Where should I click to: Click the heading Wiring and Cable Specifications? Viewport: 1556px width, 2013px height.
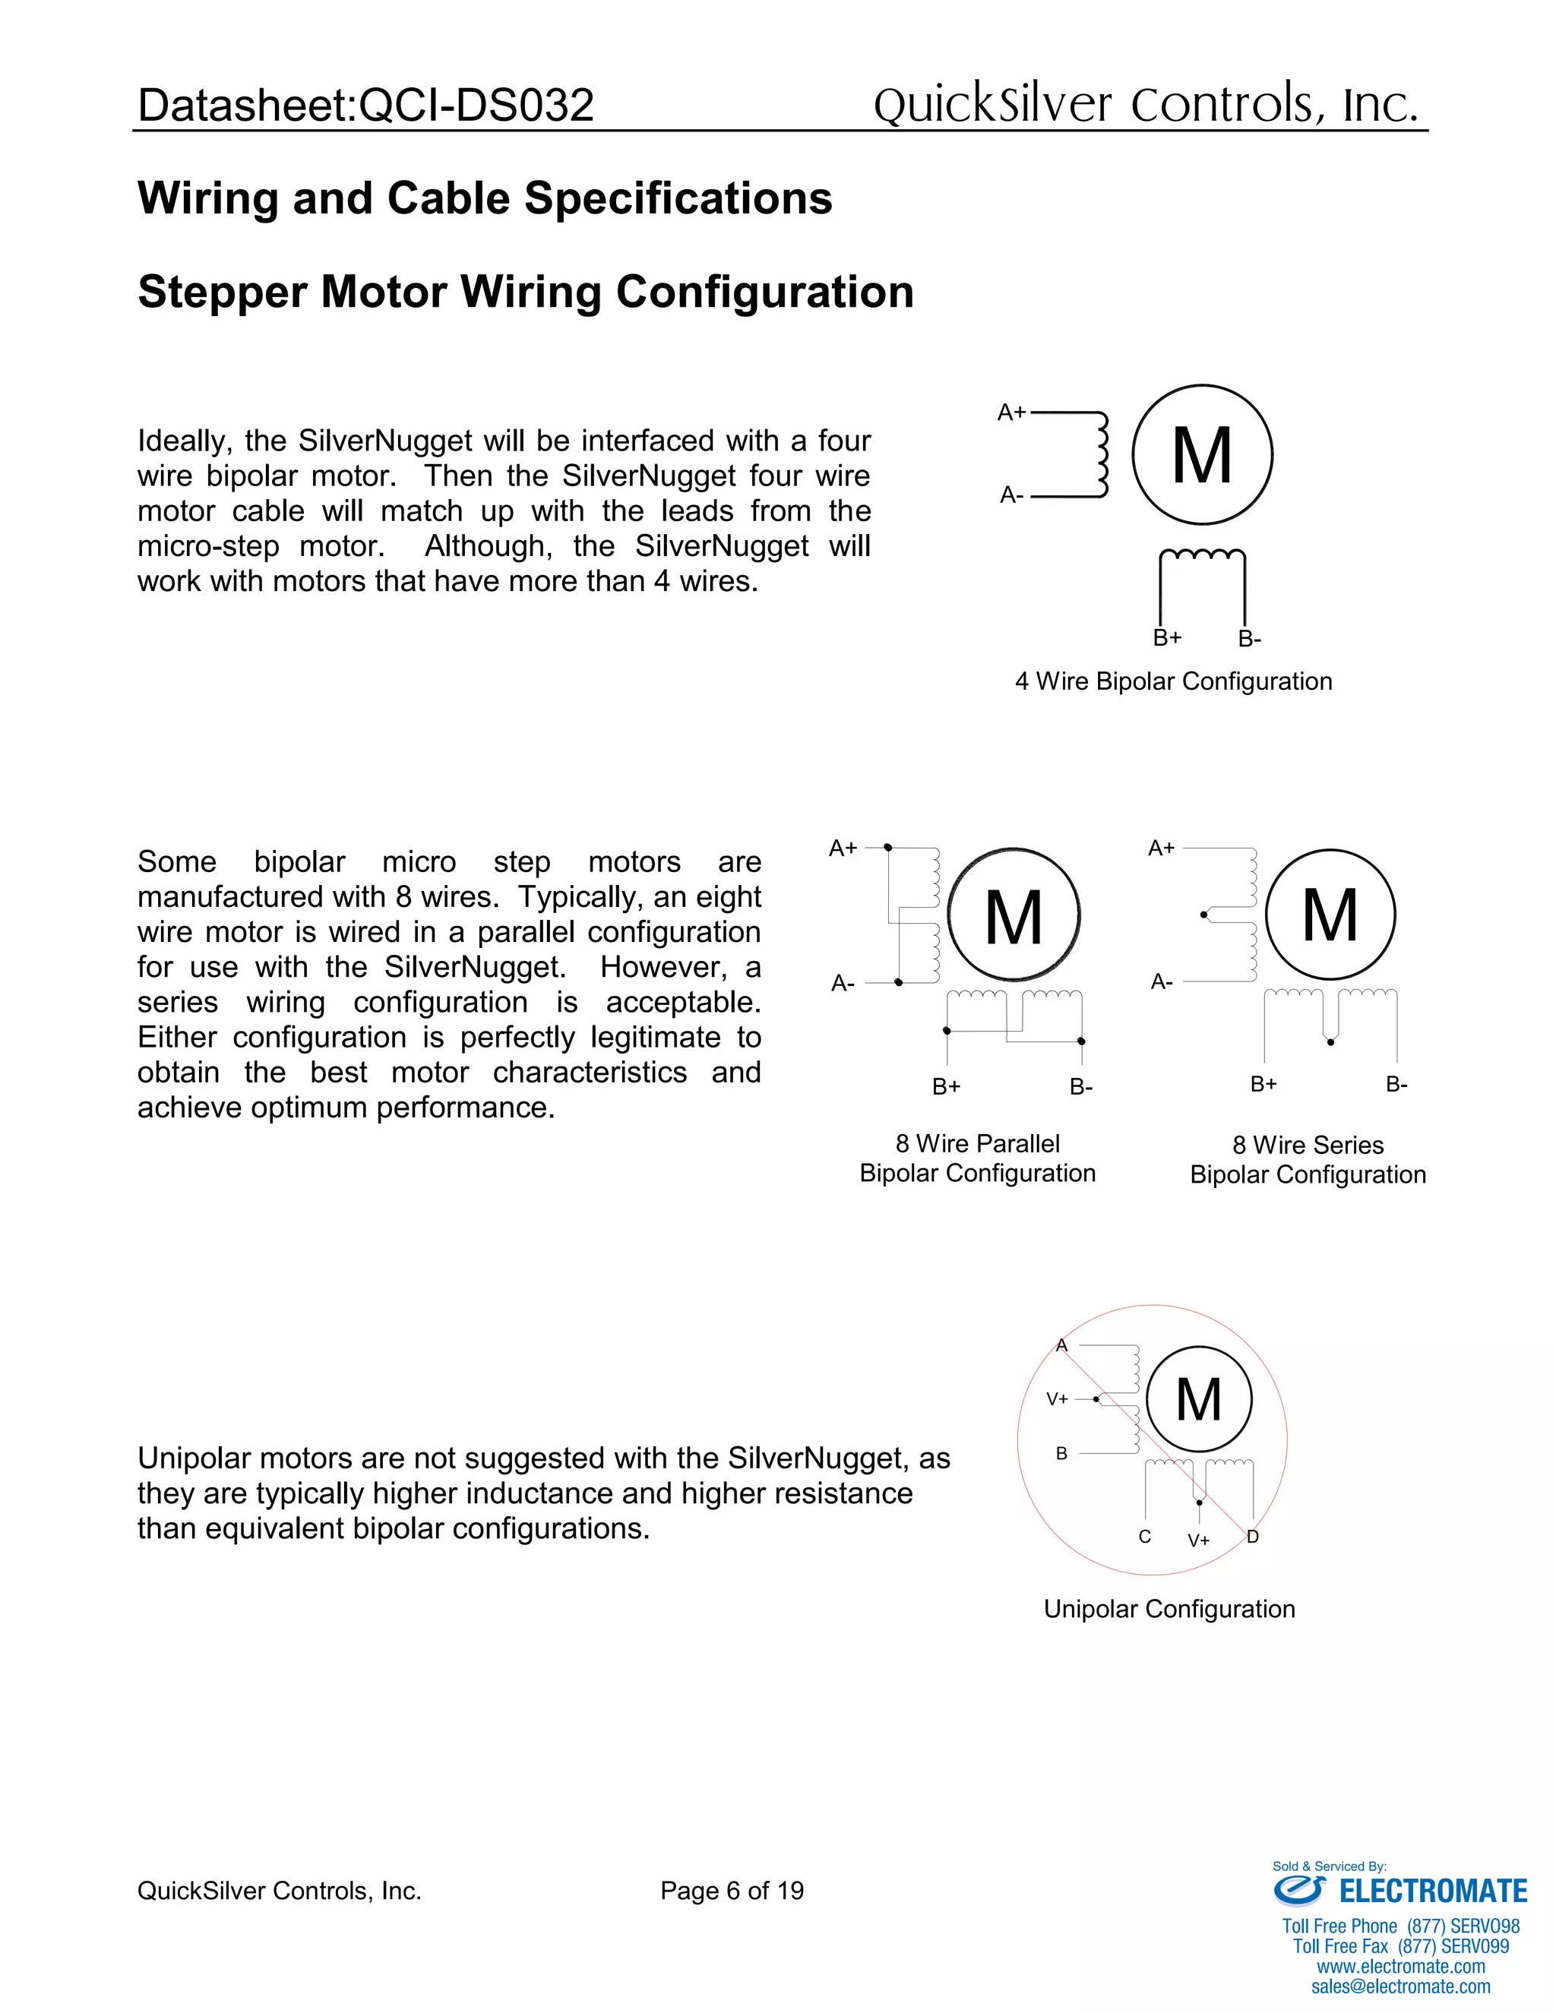[484, 198]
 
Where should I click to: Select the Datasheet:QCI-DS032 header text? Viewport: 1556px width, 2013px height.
[365, 105]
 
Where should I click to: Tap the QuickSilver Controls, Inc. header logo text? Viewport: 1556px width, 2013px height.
[1145, 104]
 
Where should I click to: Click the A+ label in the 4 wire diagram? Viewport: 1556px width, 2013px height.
[1011, 412]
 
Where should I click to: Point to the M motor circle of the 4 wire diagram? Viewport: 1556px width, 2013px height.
[1202, 455]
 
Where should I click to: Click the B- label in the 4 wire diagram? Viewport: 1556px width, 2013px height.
[1249, 639]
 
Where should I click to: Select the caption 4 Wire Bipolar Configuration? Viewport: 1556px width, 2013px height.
[1173, 681]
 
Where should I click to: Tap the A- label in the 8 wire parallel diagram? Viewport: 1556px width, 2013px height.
[843, 984]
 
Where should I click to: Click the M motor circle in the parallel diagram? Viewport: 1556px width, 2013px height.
[1014, 916]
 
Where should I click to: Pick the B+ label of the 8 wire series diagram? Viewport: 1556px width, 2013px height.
[1263, 1084]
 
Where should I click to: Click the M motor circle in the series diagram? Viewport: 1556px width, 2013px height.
[1330, 915]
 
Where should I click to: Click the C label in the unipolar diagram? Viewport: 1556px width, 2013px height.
[1144, 1537]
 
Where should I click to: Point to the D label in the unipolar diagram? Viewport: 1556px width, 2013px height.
[1253, 1537]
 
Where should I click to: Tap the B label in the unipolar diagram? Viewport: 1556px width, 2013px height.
[1061, 1453]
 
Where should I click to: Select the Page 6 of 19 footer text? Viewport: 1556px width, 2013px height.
[732, 1891]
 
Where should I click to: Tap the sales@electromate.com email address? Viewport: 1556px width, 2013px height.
[1400, 1986]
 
